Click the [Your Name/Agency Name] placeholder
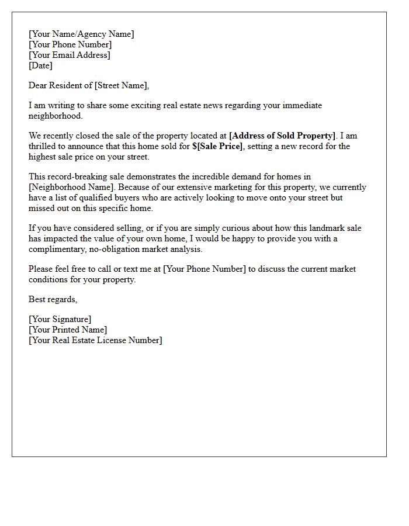(x=81, y=34)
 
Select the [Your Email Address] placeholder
(x=70, y=55)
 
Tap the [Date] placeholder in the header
(x=40, y=65)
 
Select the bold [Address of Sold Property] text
(x=283, y=136)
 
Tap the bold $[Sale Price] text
(x=217, y=146)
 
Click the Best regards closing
(x=53, y=299)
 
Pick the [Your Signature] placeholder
(x=60, y=319)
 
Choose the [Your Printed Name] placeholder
(x=68, y=330)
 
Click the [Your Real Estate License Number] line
(x=95, y=340)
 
